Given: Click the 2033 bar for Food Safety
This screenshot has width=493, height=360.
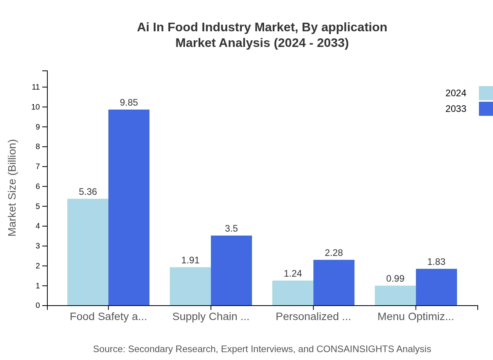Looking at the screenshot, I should coord(129,207).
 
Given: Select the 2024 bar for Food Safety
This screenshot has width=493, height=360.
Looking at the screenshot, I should coord(88,252).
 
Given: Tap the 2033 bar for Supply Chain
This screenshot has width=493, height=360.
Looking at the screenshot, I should coord(231,270).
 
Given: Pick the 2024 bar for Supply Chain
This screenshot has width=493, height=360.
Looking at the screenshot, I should coord(190,286).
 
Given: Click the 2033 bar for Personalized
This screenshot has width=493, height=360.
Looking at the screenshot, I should coord(334,283).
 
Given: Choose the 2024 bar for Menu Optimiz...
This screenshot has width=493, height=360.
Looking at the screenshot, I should coord(395,295).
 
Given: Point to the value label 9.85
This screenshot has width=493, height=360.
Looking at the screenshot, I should coord(129,103).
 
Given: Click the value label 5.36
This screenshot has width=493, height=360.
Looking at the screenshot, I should coord(88,192).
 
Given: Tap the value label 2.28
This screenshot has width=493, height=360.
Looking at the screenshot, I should coord(334,253).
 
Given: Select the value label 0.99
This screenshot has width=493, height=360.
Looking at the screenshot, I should coord(395,279).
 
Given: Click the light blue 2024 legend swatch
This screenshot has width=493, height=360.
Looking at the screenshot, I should coord(486,93).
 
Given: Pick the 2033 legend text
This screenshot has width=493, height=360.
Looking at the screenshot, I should coord(456,109).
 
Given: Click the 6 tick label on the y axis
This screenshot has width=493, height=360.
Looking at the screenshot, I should coord(38,186).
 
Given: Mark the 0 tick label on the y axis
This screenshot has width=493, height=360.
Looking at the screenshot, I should coord(38,306).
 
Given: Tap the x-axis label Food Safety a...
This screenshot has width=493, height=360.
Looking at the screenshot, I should coord(108,317).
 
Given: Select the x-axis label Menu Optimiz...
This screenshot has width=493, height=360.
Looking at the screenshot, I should coord(416,317).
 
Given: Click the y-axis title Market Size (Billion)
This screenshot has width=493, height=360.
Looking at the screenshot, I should coord(13,188).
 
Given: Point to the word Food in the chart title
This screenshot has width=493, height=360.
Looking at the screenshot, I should coord(207,27).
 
